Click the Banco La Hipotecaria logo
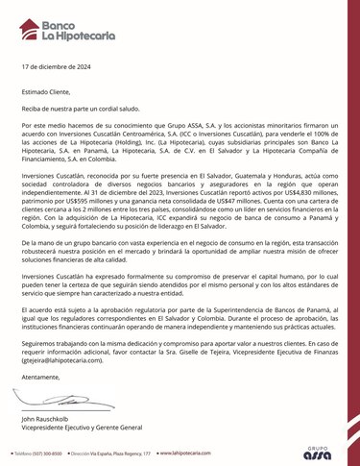60,26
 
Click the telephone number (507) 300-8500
44,451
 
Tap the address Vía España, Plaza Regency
120,451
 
